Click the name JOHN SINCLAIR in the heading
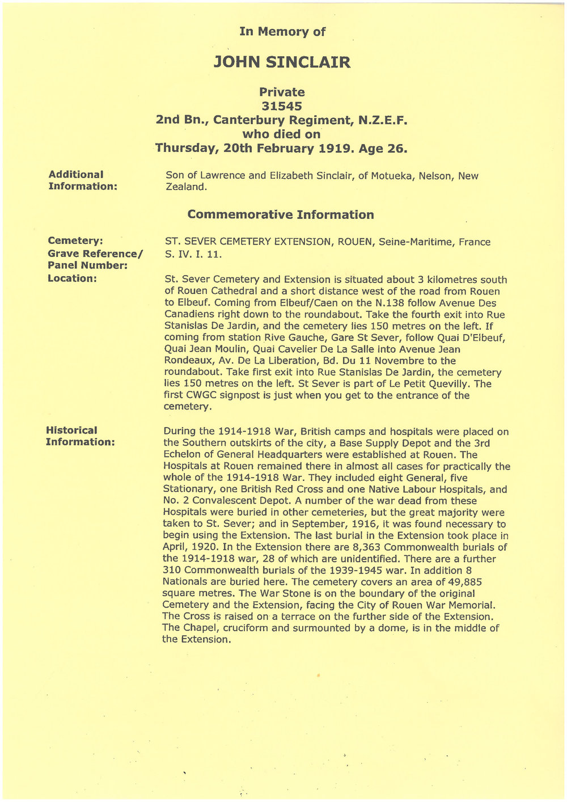point(282,62)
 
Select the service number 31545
point(282,106)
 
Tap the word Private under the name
point(282,92)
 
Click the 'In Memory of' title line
point(282,32)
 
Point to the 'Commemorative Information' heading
point(281,215)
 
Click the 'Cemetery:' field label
point(75,241)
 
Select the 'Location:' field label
point(72,278)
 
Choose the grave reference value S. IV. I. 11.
point(193,255)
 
